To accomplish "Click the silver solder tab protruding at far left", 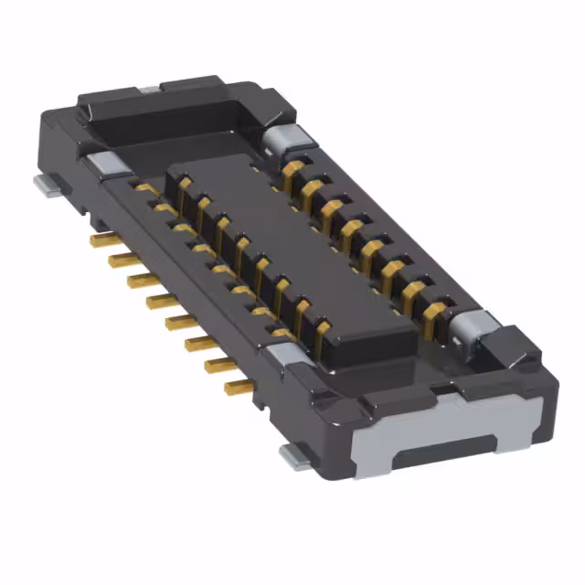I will click(x=48, y=186).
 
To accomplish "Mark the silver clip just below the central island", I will click(x=286, y=354).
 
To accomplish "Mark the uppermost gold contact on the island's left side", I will click(x=183, y=187).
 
